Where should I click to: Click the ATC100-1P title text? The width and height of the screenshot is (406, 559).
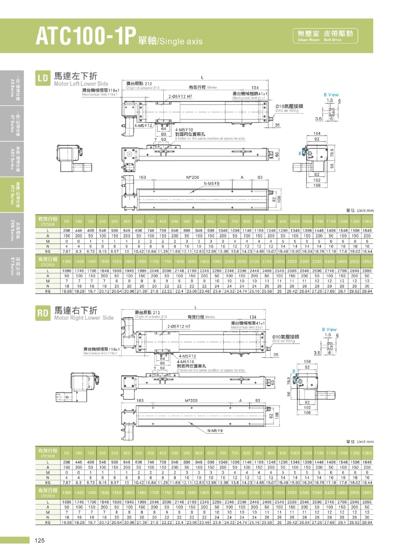[84, 37]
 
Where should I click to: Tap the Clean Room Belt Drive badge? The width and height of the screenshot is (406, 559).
[325, 35]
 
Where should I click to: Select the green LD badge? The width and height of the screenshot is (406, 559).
[43, 79]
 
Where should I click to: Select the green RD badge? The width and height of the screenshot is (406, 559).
[43, 313]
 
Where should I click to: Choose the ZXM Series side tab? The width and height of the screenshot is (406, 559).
[11, 229]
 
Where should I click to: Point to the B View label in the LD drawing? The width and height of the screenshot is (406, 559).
[331, 95]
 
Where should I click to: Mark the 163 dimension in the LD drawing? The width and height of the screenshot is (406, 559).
[142, 177]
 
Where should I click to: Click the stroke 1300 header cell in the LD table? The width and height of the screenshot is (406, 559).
[367, 221]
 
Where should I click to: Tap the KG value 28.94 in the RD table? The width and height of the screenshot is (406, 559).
[367, 523]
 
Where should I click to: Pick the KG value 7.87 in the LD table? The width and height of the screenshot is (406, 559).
[67, 251]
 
